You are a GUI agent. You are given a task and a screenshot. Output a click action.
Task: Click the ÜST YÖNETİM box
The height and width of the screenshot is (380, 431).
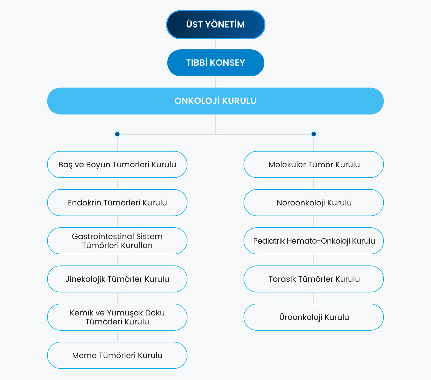[x=215, y=25]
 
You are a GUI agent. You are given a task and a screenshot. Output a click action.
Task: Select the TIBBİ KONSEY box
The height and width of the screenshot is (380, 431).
[x=215, y=63]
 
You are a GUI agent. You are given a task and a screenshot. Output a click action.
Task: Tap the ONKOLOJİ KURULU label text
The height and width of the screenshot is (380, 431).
[x=215, y=101]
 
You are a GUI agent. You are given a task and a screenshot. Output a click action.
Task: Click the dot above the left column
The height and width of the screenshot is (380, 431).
[x=117, y=134]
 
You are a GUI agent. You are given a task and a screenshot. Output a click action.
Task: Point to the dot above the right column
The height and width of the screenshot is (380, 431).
[x=314, y=134]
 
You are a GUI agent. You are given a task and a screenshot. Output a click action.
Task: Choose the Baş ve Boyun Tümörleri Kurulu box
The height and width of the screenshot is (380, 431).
[x=117, y=164]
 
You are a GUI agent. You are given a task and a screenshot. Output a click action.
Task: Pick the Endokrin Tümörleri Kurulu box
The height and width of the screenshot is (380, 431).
[x=117, y=203]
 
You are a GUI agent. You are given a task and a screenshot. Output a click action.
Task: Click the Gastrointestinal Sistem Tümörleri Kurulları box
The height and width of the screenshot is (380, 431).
[x=117, y=241]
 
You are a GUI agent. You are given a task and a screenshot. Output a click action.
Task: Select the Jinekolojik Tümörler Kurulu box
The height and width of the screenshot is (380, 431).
[x=117, y=279]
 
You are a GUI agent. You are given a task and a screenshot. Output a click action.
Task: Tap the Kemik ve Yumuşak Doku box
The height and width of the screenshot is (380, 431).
[x=117, y=317]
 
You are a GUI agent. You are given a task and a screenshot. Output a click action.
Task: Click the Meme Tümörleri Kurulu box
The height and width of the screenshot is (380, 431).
[x=117, y=355]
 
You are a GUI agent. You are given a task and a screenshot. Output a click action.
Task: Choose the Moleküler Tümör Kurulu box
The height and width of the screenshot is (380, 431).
[x=314, y=164]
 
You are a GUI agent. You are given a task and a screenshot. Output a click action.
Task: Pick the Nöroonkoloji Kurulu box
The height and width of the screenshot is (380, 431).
[x=314, y=203]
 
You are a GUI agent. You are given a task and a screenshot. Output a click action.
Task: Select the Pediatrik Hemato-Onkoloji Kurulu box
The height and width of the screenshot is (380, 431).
[x=314, y=241]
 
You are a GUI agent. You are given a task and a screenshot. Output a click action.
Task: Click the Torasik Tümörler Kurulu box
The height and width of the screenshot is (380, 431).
[x=314, y=279]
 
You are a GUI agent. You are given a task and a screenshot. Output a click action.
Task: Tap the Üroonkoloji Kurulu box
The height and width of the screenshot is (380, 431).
[x=314, y=317]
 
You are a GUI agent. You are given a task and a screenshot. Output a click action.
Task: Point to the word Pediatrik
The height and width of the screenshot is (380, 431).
[x=269, y=241]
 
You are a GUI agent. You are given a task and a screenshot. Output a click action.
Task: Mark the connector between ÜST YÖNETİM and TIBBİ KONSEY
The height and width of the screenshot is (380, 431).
[x=215, y=44]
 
